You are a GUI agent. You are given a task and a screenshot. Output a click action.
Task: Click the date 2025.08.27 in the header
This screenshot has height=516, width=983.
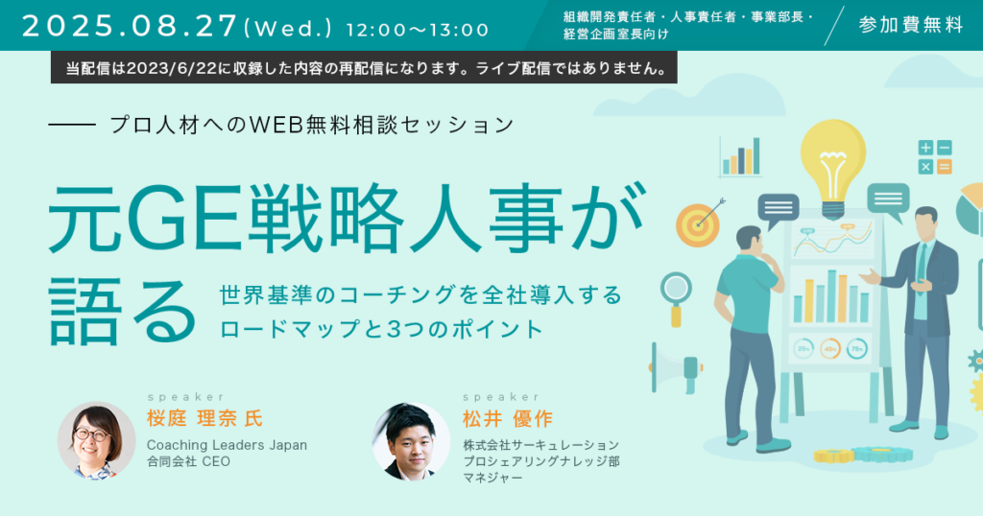click(x=130, y=27)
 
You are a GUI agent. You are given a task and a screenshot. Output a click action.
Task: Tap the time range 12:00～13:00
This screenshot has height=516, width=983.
click(x=418, y=30)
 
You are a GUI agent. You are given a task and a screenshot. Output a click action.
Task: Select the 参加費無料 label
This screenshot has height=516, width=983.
click(x=911, y=25)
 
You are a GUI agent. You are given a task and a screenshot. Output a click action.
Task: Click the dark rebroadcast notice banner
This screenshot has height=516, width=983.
click(x=364, y=68)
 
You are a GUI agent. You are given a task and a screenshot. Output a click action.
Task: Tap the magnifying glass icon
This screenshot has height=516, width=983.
click(x=676, y=298)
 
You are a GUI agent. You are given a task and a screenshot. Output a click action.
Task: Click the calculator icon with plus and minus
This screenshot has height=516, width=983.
click(x=935, y=157)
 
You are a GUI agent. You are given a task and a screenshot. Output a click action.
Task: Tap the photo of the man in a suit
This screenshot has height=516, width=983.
click(x=411, y=441)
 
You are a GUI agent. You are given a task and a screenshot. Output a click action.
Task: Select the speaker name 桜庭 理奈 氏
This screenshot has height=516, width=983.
click(x=205, y=418)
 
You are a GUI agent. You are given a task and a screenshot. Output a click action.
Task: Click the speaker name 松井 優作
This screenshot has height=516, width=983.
click(x=508, y=418)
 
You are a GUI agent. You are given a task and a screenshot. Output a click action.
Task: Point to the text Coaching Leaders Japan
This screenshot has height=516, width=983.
click(x=227, y=445)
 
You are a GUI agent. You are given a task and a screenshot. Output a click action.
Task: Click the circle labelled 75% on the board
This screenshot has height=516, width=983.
click(x=857, y=349)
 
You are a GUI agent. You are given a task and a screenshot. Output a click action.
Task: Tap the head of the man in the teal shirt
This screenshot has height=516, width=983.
click(x=749, y=241)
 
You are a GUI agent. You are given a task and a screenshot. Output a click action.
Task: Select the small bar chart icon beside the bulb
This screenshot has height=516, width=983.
click(x=740, y=157)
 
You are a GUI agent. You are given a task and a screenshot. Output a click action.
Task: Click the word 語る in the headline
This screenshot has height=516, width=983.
click(x=123, y=311)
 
